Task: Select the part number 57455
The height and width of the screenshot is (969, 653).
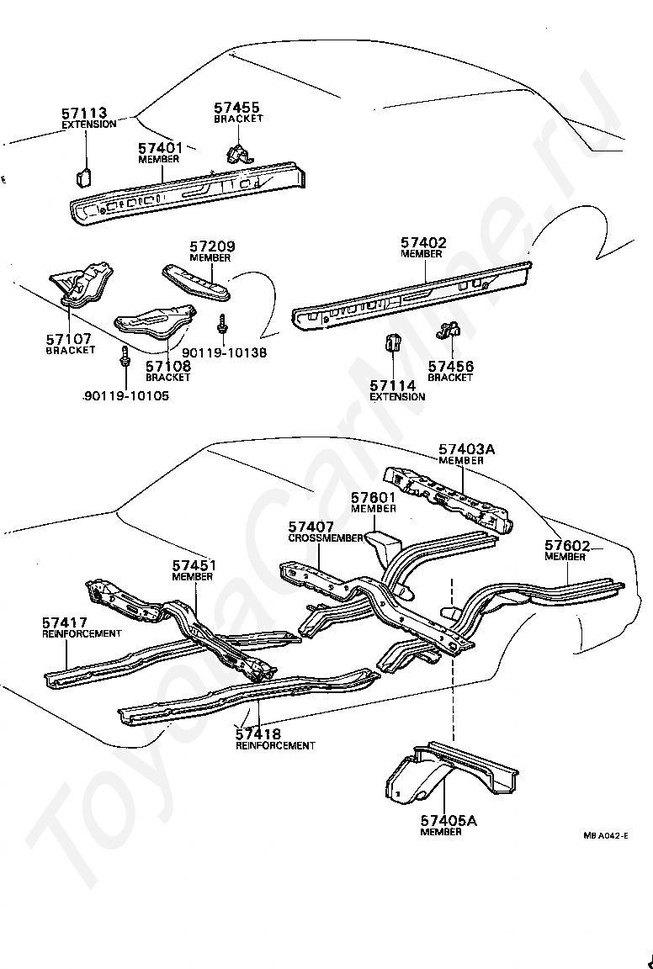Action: pos(236,108)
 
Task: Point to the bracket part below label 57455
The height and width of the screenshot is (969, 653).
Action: pos(238,152)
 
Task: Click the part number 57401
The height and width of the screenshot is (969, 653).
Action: pos(160,148)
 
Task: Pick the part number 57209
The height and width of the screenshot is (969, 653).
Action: pos(212,246)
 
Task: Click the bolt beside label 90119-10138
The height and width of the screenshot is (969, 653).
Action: pos(222,323)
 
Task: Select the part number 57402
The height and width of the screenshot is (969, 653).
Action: pos(423,243)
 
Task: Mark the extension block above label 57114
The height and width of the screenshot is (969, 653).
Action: pos(391,344)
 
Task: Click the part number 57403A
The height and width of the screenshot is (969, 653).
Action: pos(466,449)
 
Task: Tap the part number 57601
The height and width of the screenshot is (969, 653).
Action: pos(373,498)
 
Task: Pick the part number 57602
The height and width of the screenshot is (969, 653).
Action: pos(566,545)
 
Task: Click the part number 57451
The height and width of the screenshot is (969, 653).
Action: pos(194,566)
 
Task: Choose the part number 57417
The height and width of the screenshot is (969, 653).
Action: pos(65,622)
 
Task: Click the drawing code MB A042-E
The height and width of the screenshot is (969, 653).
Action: pos(605,836)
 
